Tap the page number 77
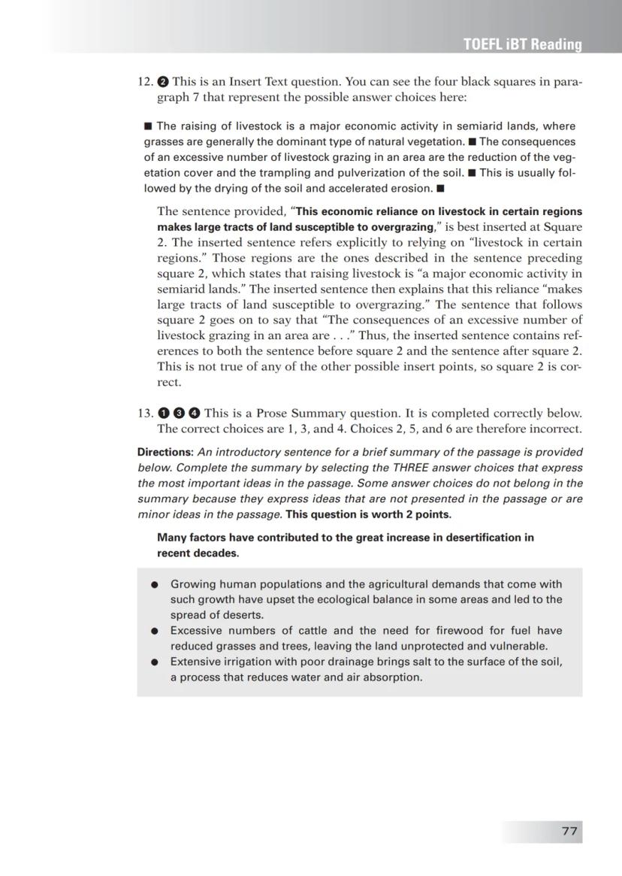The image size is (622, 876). [569, 831]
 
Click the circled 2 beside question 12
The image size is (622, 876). [163, 82]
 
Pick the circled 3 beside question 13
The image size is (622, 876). [179, 413]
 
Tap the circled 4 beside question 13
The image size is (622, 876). [194, 413]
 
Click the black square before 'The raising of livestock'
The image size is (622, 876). [148, 126]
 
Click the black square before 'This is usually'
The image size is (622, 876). [472, 173]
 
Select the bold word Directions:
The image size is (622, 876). [165, 452]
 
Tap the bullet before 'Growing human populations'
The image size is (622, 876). [155, 585]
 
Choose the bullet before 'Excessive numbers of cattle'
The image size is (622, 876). [155, 631]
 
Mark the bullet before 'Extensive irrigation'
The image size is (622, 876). [155, 662]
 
